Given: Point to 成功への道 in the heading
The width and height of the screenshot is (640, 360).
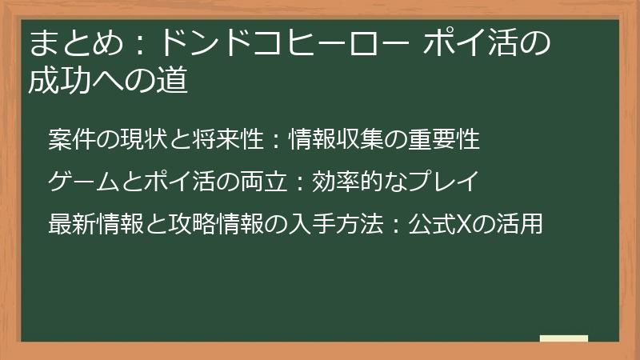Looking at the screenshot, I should (x=108, y=82).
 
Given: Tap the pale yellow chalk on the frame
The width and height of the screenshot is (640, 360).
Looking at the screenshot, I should (x=563, y=338).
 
